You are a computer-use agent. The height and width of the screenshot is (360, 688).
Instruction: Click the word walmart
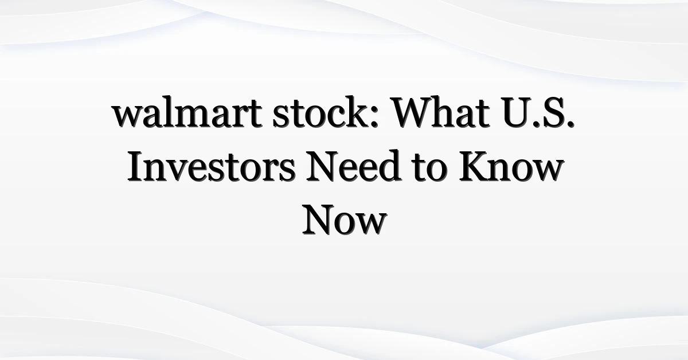(x=187, y=112)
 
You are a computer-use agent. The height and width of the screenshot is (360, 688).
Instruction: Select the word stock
(x=322, y=112)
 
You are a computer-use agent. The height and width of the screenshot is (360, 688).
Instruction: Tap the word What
(x=441, y=112)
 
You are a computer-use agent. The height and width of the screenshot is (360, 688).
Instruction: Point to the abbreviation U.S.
(x=539, y=112)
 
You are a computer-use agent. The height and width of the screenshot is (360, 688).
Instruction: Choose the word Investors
(x=212, y=166)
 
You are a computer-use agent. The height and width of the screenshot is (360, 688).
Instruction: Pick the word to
(x=429, y=169)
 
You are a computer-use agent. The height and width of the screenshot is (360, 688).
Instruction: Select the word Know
(x=511, y=166)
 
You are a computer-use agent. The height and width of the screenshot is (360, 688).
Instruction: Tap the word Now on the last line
(x=345, y=220)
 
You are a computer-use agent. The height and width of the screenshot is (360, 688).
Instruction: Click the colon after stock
(x=374, y=117)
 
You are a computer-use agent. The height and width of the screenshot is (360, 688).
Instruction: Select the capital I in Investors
(x=135, y=166)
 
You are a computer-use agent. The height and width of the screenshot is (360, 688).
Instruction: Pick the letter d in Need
(x=390, y=166)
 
